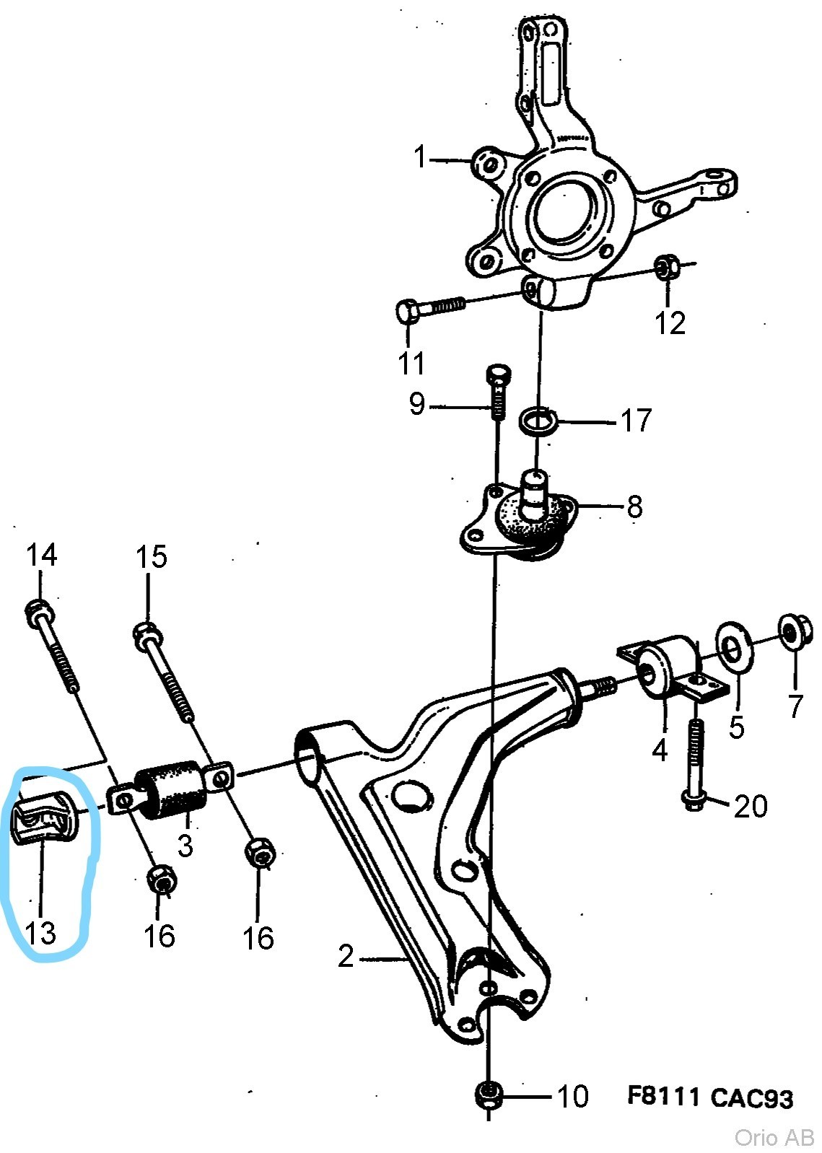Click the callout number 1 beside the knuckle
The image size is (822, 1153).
click(421, 157)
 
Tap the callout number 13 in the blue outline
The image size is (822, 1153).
click(40, 932)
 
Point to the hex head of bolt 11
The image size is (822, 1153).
click(409, 310)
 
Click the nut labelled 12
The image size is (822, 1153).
click(667, 266)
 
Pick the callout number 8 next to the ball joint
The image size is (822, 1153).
click(634, 507)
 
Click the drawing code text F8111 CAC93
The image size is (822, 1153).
click(710, 1097)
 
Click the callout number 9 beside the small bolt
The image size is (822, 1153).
click(417, 403)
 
